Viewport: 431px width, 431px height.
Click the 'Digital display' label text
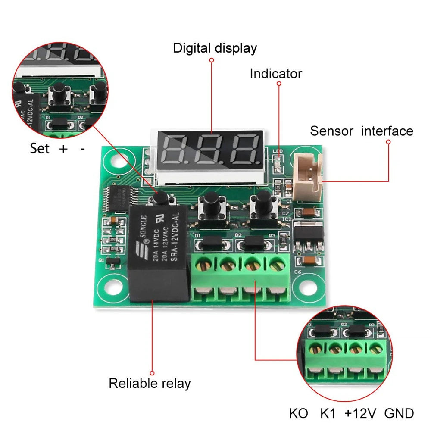[x=215, y=48]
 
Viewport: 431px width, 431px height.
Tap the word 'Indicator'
[x=276, y=74]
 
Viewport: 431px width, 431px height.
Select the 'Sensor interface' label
[x=361, y=131]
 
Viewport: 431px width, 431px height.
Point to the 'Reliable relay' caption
[x=150, y=383]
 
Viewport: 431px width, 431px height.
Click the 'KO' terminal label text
[x=299, y=414]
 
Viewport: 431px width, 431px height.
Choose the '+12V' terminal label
[x=360, y=414]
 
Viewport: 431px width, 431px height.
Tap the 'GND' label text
[x=399, y=414]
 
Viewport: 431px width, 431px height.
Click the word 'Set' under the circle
[x=40, y=149]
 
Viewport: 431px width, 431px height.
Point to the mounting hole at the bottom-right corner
[x=310, y=286]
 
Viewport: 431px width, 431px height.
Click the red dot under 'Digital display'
[x=212, y=60]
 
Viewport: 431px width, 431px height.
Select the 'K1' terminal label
[x=328, y=414]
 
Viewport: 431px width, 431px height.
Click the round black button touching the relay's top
[x=160, y=198]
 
